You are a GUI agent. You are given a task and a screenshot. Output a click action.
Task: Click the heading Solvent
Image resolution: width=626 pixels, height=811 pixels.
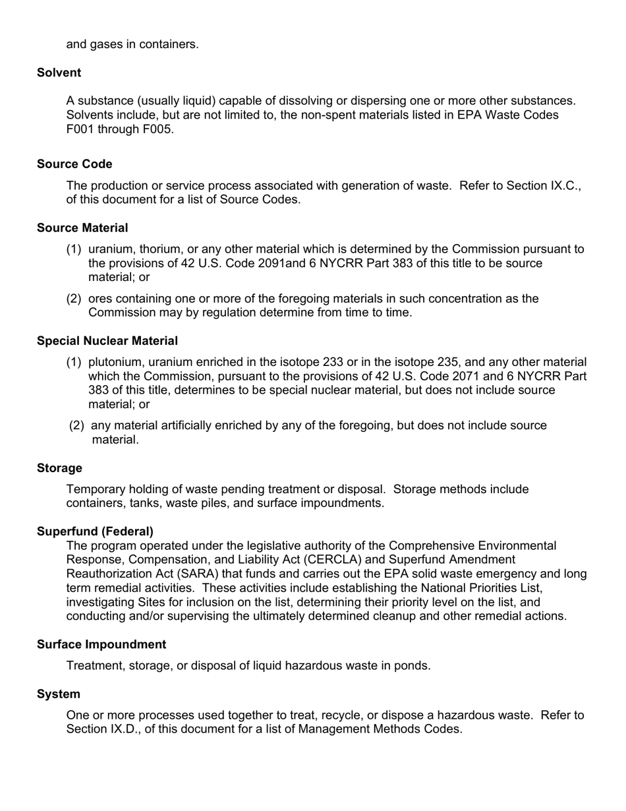(x=59, y=73)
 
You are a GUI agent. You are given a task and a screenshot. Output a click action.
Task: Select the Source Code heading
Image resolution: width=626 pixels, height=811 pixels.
(x=74, y=164)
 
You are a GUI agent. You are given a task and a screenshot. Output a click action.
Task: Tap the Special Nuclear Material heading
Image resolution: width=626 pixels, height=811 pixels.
(x=107, y=341)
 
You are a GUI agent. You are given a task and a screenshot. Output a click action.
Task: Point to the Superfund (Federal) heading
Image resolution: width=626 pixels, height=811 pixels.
(x=95, y=531)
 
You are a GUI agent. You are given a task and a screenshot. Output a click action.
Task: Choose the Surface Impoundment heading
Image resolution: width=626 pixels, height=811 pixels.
(x=101, y=644)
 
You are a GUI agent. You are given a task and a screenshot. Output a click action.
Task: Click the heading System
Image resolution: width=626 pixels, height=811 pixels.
(x=59, y=694)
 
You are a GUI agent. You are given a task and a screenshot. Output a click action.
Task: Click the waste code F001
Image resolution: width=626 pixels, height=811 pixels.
(x=81, y=129)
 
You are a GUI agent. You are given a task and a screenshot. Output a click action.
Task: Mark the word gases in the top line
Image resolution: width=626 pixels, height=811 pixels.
(x=105, y=45)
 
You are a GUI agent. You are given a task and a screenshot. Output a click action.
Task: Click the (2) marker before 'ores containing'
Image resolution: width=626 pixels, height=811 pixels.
(x=74, y=299)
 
